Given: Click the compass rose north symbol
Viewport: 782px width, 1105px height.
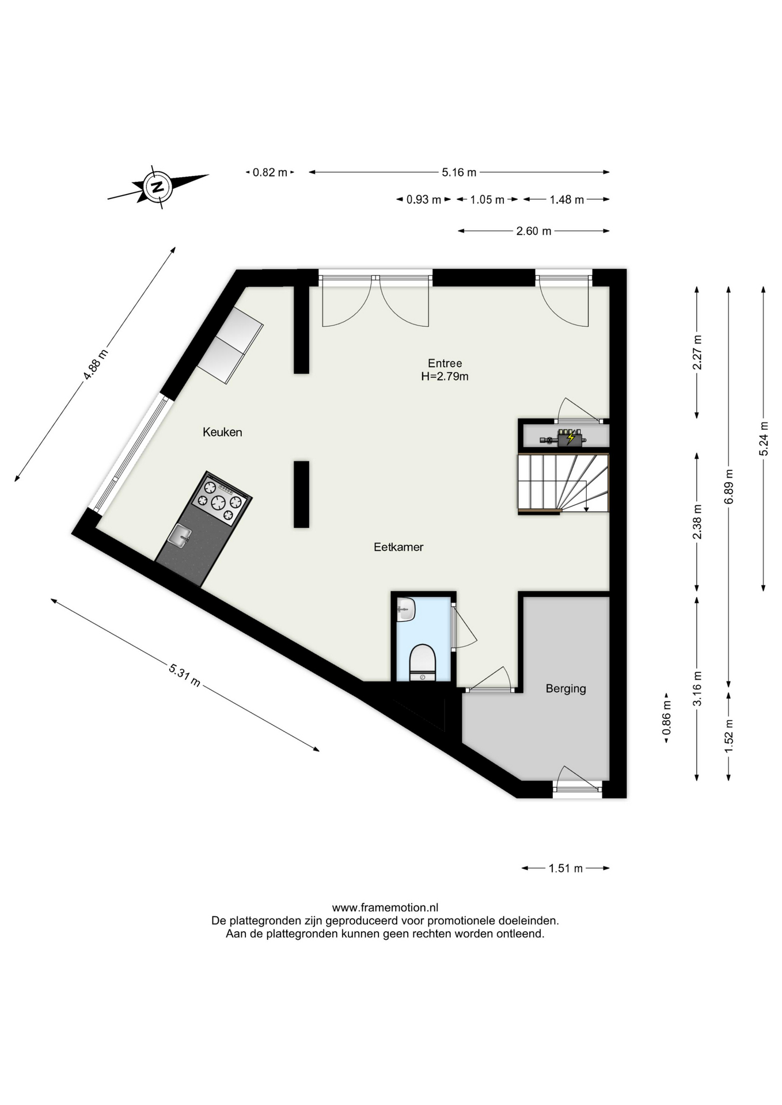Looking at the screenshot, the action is point(157,186).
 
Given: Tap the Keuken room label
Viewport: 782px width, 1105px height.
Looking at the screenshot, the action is point(222,432).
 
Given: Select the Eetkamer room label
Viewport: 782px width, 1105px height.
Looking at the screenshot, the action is point(398,547).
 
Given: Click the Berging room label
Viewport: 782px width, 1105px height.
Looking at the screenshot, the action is point(566,688).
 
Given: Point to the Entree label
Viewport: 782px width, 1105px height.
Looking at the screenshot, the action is point(445,363).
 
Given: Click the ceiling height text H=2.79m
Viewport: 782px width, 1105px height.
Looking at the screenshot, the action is point(445,377).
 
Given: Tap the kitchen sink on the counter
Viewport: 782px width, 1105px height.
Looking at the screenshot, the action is point(180,536).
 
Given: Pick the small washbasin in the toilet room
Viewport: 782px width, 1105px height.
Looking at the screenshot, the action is point(406,609).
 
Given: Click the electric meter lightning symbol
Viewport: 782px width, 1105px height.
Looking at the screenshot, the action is point(571,439).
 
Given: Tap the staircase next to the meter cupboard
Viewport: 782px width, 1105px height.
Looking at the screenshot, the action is point(563,483).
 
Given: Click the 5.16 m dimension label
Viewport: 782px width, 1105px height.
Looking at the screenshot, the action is point(459,172).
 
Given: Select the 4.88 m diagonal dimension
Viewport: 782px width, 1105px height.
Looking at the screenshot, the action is point(96,364).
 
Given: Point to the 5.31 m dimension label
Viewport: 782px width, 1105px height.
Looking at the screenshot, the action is point(184,675).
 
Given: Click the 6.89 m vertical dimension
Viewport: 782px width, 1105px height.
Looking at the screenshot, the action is point(729,486).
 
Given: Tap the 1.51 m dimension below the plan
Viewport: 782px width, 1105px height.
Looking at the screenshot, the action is point(565,868).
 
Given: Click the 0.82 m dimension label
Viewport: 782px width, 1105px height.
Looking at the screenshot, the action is point(270,172).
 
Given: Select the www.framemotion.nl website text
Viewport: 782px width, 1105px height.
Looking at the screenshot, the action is point(385,908).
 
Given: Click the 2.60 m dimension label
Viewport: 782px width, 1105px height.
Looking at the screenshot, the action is point(534,231).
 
